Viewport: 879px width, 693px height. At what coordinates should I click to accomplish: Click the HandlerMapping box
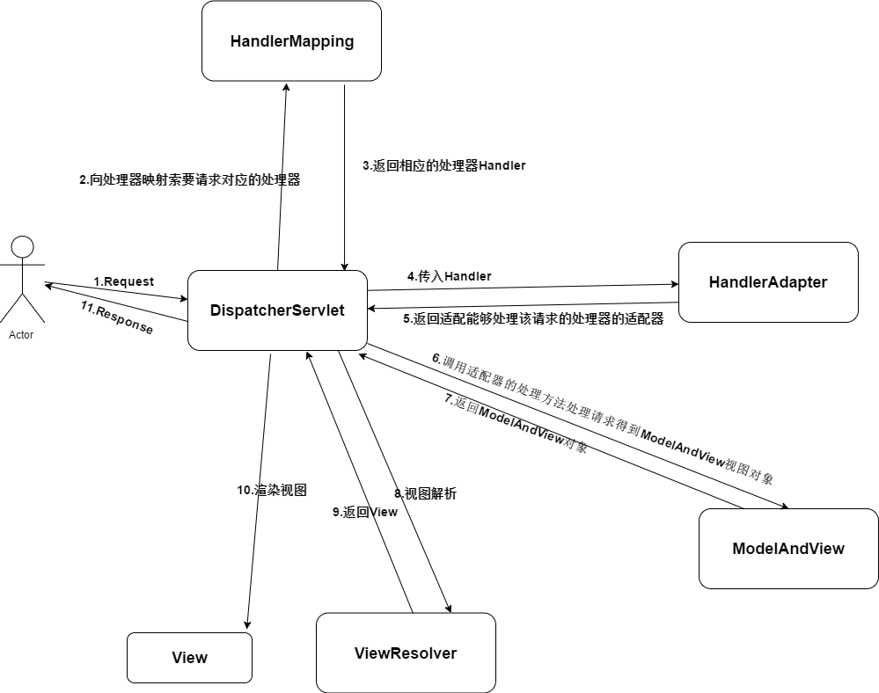(x=291, y=41)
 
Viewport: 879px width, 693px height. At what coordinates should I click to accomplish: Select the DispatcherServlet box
(x=277, y=310)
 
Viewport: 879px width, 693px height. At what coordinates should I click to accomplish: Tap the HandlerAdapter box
(x=767, y=282)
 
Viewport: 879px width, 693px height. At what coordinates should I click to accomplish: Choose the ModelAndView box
(x=787, y=549)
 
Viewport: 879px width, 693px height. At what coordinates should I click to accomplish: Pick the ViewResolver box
(x=406, y=653)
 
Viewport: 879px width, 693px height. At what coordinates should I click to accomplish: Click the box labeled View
(x=189, y=658)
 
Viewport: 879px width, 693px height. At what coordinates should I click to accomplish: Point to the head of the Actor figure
(x=22, y=246)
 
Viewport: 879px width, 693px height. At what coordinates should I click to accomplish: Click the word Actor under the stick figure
(x=21, y=335)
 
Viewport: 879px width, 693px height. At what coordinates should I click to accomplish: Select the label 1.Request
(x=123, y=281)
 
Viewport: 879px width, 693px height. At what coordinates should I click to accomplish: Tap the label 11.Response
(x=116, y=318)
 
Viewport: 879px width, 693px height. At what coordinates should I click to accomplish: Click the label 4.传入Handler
(x=449, y=276)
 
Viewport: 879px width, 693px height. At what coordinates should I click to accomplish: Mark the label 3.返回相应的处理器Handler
(x=443, y=165)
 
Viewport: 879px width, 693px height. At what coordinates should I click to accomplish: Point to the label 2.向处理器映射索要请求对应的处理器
(x=189, y=179)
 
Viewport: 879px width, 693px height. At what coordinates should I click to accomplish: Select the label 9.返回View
(x=364, y=512)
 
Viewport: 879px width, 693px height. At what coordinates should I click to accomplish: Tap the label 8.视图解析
(x=425, y=494)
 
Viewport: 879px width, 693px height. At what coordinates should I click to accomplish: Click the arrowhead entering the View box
(x=246, y=625)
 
